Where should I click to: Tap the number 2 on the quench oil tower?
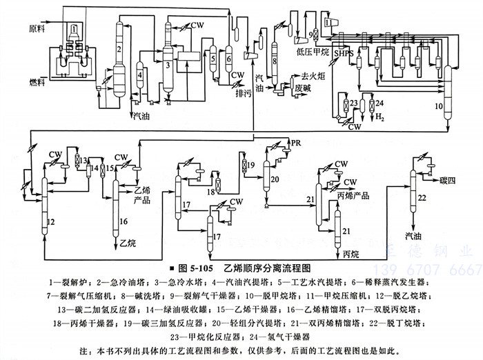pos(119,49)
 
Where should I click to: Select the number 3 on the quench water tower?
pos(168,65)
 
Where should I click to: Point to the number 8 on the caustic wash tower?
pos(275,62)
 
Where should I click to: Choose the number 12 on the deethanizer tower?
pos(52,221)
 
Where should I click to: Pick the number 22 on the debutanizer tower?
pos(422,198)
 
